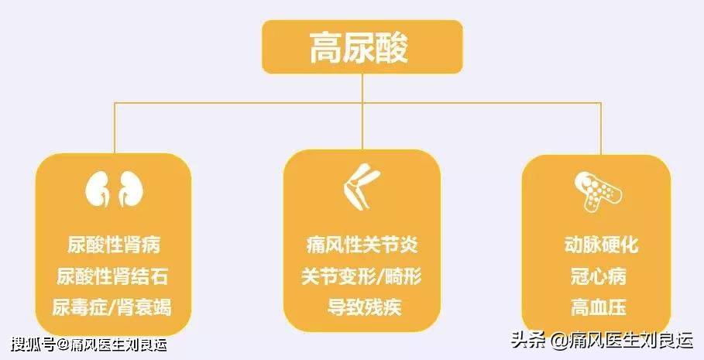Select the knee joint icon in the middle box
coord(361,188)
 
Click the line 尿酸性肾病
coord(112,246)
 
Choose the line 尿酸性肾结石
coord(112,276)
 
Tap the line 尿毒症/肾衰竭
coord(112,307)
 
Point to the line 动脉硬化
coord(601,246)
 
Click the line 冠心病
coord(601,276)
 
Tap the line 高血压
coord(601,307)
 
